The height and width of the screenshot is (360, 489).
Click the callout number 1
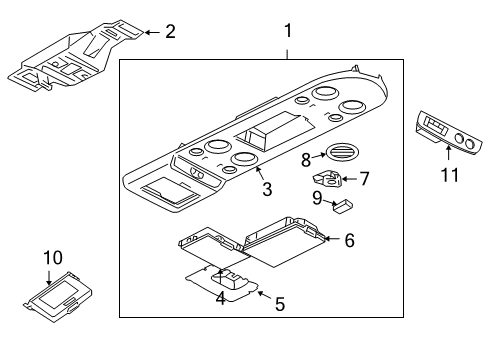288,30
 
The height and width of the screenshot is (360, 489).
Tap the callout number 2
170,32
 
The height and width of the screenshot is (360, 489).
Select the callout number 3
267,189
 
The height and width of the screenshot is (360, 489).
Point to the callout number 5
280,304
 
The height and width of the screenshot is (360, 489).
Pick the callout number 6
349,240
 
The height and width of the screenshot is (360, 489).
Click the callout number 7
365,178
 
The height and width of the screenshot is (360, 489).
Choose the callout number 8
306,160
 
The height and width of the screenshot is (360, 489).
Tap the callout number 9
317,198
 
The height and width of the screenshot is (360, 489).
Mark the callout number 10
53,258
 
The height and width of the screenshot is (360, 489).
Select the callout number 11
450,175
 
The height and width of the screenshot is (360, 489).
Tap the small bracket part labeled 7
327,178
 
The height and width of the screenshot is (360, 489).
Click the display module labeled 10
58,297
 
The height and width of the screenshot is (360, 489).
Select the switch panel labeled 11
449,133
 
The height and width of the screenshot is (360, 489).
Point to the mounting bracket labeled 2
76,55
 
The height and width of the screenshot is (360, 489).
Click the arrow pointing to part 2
152,32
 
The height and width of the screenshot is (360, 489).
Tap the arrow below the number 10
49,276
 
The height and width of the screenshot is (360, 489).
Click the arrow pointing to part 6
332,239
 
